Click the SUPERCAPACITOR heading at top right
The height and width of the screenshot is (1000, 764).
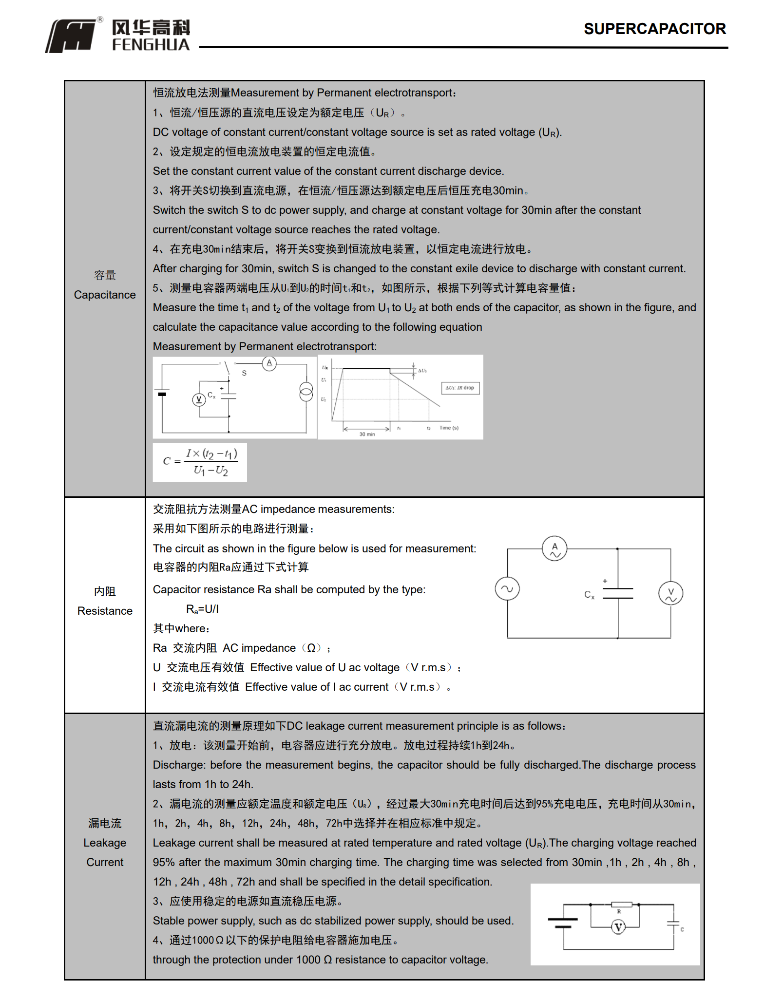(654, 29)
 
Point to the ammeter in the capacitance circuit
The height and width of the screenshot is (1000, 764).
(269, 363)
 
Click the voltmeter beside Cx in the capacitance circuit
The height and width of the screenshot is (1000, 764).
(198, 400)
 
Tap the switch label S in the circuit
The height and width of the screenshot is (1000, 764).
(244, 373)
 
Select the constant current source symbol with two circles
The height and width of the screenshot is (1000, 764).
(306, 392)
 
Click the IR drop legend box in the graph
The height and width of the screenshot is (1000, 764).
(460, 388)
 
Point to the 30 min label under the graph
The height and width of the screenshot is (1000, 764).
(367, 434)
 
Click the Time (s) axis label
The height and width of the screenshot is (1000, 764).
(449, 428)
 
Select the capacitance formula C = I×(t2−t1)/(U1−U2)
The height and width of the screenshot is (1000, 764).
(200, 462)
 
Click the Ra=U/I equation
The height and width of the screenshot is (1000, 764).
(203, 609)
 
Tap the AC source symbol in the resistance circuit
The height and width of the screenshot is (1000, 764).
(507, 589)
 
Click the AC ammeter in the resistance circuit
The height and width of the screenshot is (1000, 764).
(554, 549)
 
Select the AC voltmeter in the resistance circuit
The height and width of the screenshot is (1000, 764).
(670, 594)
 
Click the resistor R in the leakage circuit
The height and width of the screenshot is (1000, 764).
(621, 905)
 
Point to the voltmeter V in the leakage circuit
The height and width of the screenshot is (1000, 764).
(618, 927)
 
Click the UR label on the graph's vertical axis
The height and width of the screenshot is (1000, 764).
(325, 368)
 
